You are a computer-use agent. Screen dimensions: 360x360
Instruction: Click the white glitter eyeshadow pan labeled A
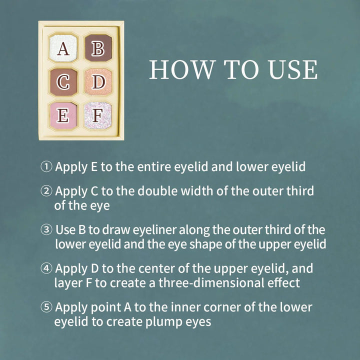point(63,48)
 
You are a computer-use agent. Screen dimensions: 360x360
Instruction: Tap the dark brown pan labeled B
point(98,48)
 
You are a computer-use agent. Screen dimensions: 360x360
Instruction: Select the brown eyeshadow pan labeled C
point(63,82)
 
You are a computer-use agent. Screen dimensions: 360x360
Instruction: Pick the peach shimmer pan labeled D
point(98,81)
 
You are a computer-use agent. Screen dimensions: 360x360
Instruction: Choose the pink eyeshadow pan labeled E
point(63,115)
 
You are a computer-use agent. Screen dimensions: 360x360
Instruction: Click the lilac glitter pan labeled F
point(98,115)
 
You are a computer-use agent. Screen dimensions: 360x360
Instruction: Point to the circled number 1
point(46,166)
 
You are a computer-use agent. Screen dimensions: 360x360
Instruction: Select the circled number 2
point(46,191)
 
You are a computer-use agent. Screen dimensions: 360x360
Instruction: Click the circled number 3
point(46,229)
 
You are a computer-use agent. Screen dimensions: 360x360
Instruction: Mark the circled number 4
point(46,268)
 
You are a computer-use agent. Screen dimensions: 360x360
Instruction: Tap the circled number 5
point(46,307)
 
